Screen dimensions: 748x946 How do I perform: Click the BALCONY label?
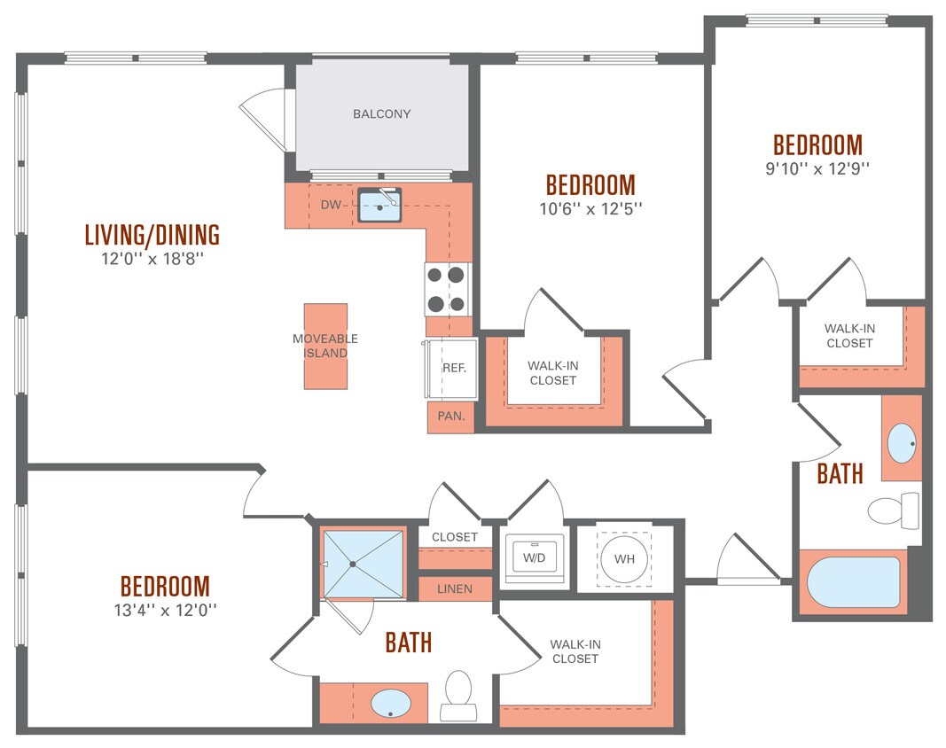click(381, 114)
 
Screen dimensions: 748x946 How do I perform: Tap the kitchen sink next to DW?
click(380, 206)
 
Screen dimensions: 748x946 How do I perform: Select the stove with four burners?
click(445, 290)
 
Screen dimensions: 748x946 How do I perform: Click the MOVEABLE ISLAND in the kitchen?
click(325, 346)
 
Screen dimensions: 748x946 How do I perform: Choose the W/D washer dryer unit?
click(534, 558)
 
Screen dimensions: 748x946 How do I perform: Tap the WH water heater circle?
click(623, 558)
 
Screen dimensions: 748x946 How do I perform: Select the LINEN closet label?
click(454, 588)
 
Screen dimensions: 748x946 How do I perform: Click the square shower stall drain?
click(353, 563)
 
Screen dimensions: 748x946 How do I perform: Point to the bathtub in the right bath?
click(854, 582)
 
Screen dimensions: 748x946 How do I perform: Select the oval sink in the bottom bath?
click(390, 705)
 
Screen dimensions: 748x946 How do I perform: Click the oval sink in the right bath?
click(902, 443)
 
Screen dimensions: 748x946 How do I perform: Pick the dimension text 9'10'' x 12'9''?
click(817, 168)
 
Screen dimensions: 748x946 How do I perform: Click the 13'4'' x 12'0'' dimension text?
click(165, 610)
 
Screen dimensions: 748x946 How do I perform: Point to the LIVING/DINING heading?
click(152, 235)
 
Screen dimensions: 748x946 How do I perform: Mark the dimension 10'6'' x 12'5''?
click(590, 208)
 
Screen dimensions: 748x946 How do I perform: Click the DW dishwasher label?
click(330, 205)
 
